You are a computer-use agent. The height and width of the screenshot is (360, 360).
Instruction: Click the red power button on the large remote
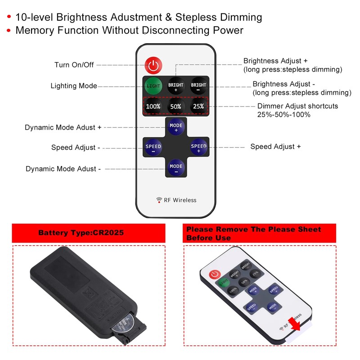[x=153, y=66]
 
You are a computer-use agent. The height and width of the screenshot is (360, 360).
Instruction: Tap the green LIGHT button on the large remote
[x=153, y=85]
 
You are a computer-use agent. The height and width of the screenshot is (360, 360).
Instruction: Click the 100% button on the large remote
[x=153, y=107]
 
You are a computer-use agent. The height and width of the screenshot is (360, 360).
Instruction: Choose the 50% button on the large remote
[x=175, y=107]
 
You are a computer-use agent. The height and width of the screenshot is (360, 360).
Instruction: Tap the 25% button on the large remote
[x=198, y=107]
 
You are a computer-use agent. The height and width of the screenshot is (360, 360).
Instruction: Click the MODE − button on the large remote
[x=176, y=168]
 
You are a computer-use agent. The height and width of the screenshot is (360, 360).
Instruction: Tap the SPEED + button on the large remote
[x=198, y=147]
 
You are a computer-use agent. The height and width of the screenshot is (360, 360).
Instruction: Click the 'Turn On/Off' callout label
[x=74, y=65]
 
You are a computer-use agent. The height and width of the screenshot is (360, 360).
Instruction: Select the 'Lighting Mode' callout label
[x=74, y=86]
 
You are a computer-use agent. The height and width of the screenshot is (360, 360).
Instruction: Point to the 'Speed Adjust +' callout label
[x=275, y=147]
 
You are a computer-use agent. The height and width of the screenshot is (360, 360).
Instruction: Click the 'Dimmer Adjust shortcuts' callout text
[x=297, y=107]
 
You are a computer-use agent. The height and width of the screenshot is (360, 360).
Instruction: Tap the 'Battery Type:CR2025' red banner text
[x=81, y=233]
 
